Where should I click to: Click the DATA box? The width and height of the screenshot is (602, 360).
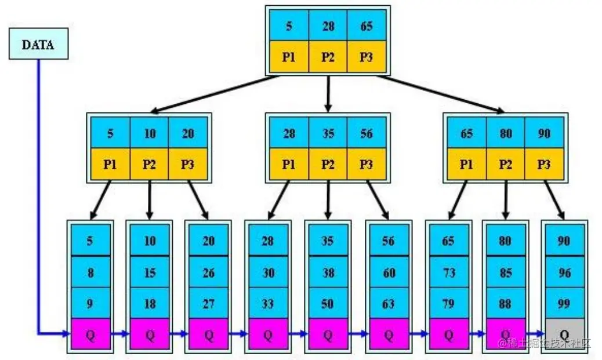tap(38, 44)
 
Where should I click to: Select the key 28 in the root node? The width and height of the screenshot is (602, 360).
tap(328, 26)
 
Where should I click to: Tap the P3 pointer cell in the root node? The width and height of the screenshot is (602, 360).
tap(366, 57)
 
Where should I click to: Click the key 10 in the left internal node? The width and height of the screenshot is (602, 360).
tap(150, 133)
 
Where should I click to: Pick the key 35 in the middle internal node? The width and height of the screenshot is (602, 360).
tap(328, 133)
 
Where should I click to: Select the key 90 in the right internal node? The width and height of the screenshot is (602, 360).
tap(543, 133)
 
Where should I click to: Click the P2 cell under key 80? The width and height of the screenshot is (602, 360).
tap(505, 164)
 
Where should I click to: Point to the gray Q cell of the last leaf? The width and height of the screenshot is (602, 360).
tap(564, 334)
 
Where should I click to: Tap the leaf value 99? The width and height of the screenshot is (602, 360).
tap(564, 303)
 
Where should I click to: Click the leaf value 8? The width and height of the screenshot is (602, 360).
tap(89, 272)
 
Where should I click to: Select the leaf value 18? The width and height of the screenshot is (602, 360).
tap(150, 303)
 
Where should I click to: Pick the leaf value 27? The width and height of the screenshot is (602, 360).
tap(209, 303)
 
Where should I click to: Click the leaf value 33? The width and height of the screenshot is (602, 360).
tap(268, 303)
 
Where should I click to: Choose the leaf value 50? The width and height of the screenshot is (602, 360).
tap(328, 303)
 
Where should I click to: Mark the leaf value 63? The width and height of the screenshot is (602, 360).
tap(388, 303)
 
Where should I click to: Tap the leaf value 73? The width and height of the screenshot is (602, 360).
tap(448, 272)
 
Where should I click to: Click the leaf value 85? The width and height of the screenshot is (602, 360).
tap(505, 272)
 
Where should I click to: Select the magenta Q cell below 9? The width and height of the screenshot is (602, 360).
tap(89, 334)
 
